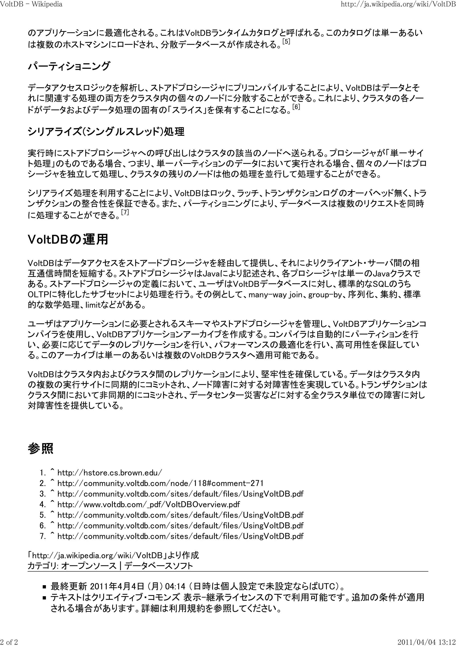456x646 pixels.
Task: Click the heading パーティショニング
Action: [69, 66]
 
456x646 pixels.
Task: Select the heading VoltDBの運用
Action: [68, 240]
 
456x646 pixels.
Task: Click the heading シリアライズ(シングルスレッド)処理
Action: [106, 132]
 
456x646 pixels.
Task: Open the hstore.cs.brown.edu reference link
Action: [110, 472]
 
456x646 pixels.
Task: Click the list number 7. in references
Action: [43, 536]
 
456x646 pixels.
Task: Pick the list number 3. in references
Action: [43, 494]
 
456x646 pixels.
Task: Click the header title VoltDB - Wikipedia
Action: [31, 4]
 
